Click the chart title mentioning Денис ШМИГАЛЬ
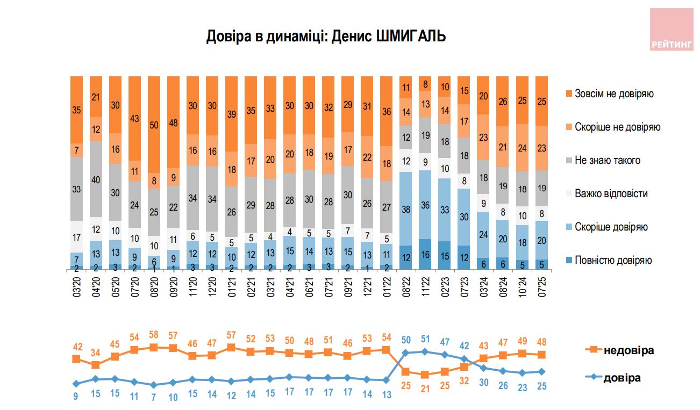coord(326,37)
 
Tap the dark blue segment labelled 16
coord(425,254)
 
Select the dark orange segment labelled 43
coord(134,118)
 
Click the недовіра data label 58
coord(154,335)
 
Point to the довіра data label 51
coord(425,339)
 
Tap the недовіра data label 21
coord(425,386)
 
